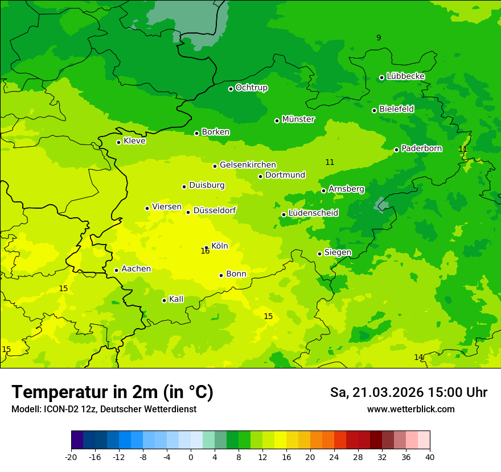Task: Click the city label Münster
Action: pos(298,119)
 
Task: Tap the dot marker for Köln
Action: pos(207,248)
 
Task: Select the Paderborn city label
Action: pos(422,148)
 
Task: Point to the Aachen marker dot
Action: pos(117,270)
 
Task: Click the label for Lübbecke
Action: pos(405,76)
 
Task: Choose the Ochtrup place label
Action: pos(252,88)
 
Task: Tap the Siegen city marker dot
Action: pos(320,254)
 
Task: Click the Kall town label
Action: pos(176,299)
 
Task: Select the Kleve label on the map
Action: pos(135,141)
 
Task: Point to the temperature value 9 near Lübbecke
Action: pos(379,38)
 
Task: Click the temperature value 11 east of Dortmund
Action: pos(330,162)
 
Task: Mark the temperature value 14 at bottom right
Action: pos(418,357)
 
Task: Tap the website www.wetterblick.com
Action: pos(410,409)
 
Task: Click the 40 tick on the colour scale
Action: pos(430,457)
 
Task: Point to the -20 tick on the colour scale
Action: pos(71,457)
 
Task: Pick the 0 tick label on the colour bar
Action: pos(191,457)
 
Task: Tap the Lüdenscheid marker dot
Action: pos(284,214)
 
